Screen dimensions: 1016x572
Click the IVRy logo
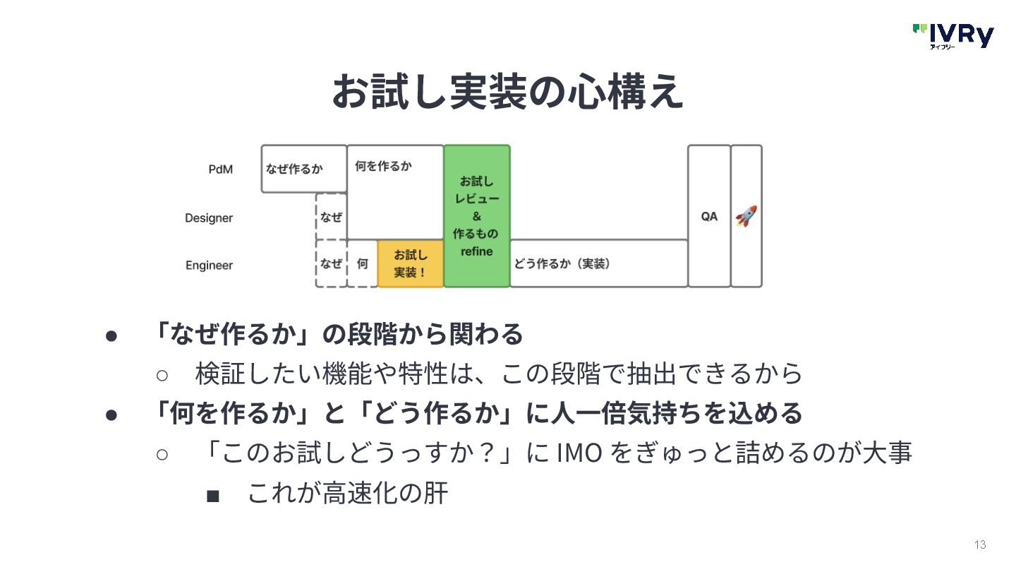pos(953,35)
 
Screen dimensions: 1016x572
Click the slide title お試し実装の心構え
pos(507,92)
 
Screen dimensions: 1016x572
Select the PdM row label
pos(220,169)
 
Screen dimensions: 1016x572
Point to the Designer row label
pos(208,218)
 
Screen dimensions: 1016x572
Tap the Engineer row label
pos(209,266)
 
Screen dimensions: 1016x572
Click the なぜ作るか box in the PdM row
pos(303,169)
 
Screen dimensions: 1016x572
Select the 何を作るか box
pos(395,191)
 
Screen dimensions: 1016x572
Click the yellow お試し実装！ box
pos(411,263)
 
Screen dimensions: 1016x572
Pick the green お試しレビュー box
pos(477,215)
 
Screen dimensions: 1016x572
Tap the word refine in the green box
pos(476,251)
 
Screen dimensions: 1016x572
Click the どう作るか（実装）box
pos(598,263)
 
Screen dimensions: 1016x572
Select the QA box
pos(709,216)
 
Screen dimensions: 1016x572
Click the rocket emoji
pos(746,216)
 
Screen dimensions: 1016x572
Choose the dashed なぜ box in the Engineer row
pos(331,263)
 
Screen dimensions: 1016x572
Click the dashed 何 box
pos(363,263)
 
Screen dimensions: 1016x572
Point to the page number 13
pos(979,544)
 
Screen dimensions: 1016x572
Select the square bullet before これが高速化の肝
pos(212,496)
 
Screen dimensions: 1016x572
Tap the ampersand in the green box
pos(476,216)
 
